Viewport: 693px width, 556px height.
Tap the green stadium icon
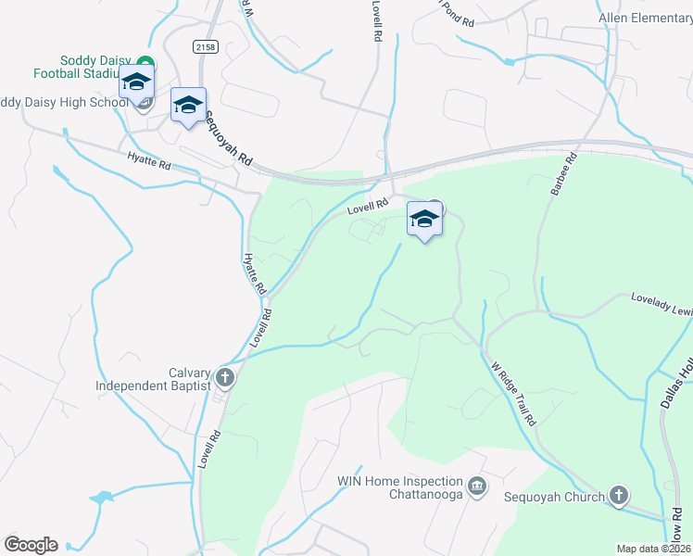click(146, 64)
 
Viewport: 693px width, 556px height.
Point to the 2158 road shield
click(205, 45)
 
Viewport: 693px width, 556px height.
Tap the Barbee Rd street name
click(563, 175)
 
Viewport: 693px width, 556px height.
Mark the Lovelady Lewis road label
click(661, 305)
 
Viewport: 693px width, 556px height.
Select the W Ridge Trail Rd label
click(515, 392)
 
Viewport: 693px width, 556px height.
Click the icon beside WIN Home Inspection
click(477, 486)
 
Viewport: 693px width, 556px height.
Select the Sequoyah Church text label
click(553, 497)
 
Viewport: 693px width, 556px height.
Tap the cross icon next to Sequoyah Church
click(619, 496)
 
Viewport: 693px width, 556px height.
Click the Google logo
click(31, 545)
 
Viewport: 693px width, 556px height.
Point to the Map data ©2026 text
click(653, 549)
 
